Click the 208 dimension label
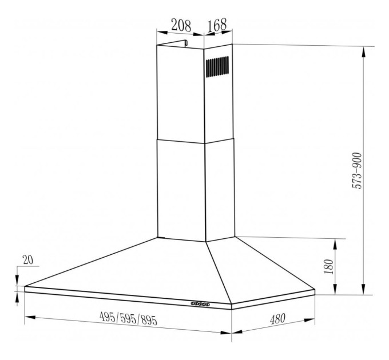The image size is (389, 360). (x=180, y=25)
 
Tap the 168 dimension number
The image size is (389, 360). (x=217, y=25)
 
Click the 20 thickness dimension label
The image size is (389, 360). (x=27, y=259)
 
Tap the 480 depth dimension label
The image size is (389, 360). (x=277, y=319)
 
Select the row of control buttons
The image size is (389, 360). (x=201, y=304)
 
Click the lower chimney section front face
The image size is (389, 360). (x=180, y=189)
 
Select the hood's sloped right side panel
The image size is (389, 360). (x=257, y=269)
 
